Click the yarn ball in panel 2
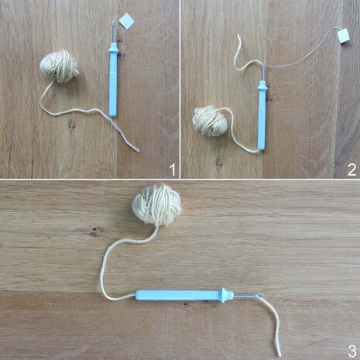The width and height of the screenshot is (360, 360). pos(211,121)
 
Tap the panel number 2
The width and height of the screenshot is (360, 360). pos(351,167)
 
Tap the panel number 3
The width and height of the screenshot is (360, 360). pos(351,350)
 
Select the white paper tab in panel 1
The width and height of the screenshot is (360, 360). pos(126,21)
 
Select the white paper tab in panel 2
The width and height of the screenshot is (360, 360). pos(342,36)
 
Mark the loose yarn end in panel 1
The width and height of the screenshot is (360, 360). pos(139,149)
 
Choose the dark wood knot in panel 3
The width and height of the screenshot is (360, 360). pos(97,231)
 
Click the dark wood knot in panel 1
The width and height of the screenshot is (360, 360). pos(71,124)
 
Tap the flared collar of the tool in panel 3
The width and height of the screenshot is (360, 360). pos(225,294)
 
